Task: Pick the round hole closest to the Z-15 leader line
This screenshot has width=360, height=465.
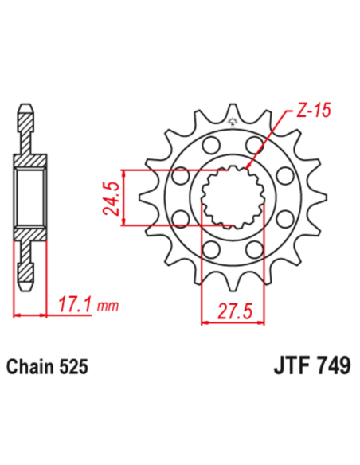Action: click(256, 145)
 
